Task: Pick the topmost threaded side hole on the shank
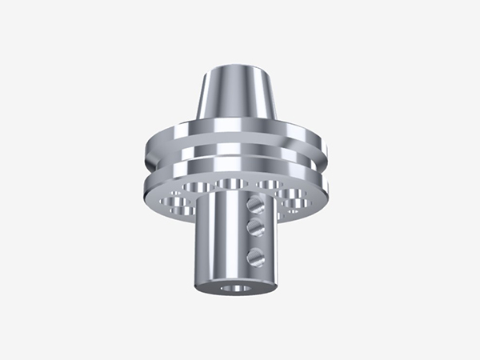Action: coord(257,203)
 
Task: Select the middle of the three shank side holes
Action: coord(256,228)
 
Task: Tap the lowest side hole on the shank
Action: coord(256,256)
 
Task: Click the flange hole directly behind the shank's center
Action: coord(232,186)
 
